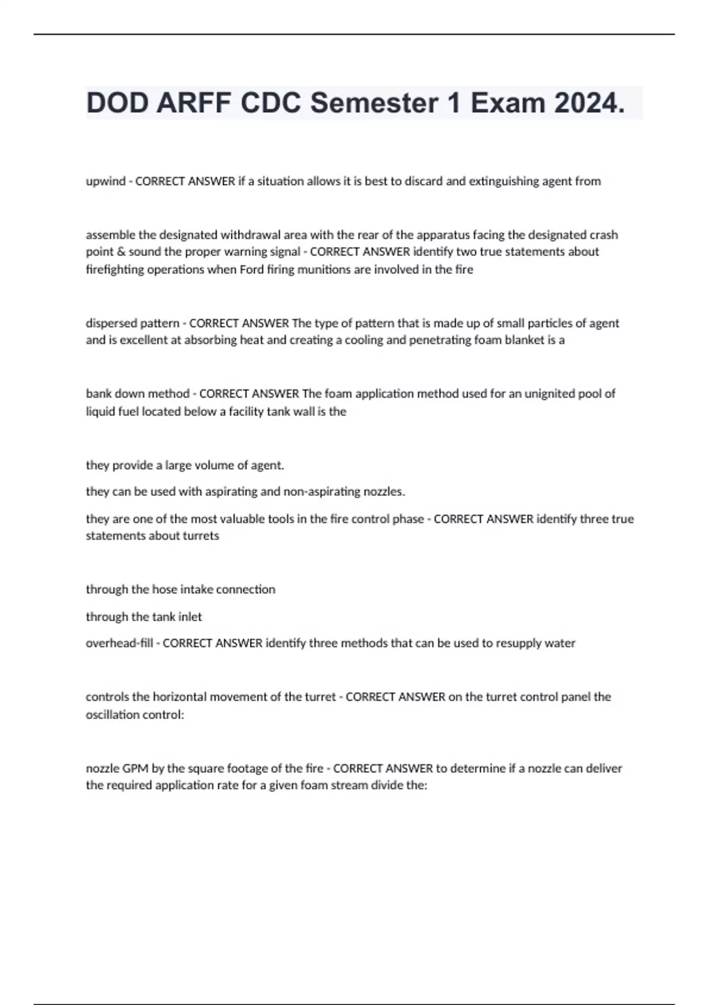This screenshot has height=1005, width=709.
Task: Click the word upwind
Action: pyautogui.click(x=106, y=181)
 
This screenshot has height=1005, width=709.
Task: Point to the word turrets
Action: pyautogui.click(x=200, y=536)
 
